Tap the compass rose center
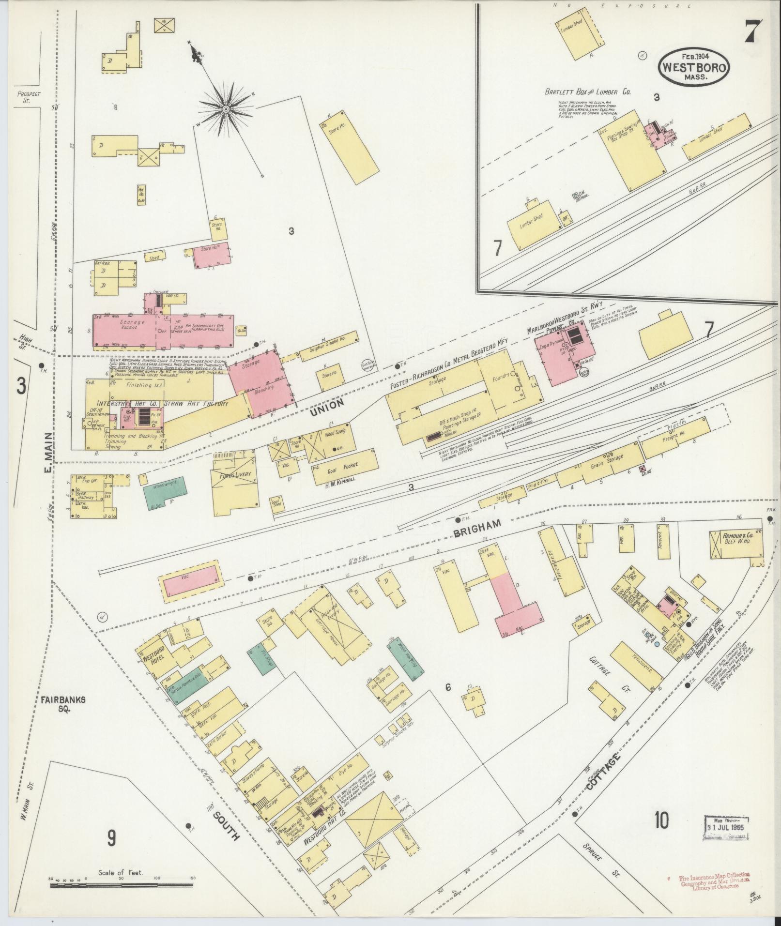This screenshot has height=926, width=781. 225,110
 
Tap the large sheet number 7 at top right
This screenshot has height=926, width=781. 753,32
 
